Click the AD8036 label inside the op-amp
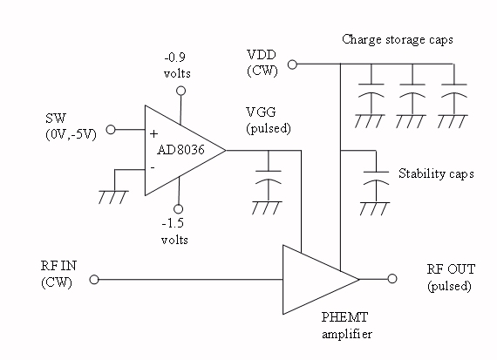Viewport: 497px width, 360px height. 180,150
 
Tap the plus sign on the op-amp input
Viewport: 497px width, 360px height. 153,134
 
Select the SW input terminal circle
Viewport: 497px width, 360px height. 111,130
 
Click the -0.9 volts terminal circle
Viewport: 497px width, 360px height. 180,91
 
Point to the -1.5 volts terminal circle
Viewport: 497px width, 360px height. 179,209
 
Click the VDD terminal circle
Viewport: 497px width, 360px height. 292,65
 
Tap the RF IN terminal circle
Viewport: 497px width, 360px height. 94,280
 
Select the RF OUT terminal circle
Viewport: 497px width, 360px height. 392,279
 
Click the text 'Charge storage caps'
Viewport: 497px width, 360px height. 398,39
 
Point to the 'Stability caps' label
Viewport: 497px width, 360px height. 436,173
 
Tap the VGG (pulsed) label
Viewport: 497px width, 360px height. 269,120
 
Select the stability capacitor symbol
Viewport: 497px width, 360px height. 376,178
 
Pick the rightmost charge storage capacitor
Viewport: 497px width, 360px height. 454,90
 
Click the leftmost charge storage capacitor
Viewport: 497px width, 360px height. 371,90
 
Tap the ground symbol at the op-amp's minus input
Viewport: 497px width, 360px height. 113,196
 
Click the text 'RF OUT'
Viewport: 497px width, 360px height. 451,269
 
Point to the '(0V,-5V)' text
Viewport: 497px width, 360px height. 71,135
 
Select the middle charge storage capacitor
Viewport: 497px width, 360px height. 412,90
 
